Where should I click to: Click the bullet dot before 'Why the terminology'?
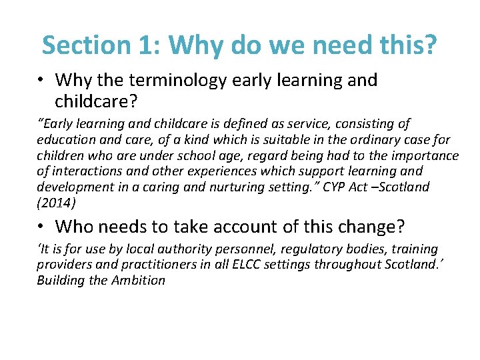tap(41, 80)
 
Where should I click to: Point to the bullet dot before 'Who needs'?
tap(41, 227)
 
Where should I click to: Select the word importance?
tap(423, 156)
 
